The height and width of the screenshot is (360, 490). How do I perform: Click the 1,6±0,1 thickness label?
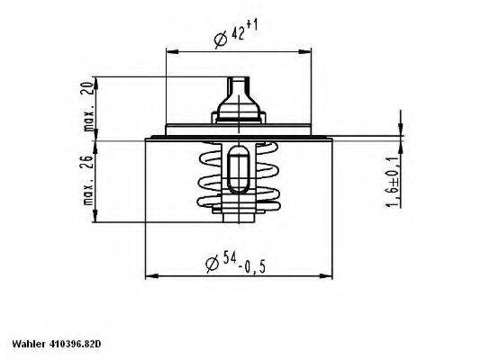click(394, 183)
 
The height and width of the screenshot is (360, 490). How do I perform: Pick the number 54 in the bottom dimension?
click(231, 261)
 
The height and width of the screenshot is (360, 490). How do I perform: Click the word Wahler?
click(26, 345)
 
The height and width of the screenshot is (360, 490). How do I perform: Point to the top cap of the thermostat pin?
click(238, 83)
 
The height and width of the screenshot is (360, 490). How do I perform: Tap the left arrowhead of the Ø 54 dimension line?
click(149, 277)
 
